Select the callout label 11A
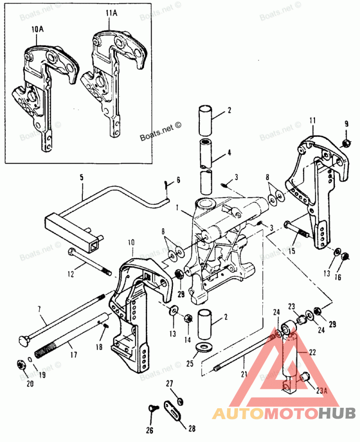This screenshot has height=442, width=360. pos(110,14)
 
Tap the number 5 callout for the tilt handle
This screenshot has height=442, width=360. pos(81,178)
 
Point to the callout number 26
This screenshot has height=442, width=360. pos(149,431)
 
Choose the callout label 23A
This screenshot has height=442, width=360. pos(321,391)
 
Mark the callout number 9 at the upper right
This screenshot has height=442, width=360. pos(346,124)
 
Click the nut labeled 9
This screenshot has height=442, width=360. pos(346,143)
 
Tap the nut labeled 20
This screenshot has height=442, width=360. pos(20,364)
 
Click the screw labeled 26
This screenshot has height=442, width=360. pos(151,408)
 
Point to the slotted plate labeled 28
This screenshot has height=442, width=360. pos(172,408)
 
